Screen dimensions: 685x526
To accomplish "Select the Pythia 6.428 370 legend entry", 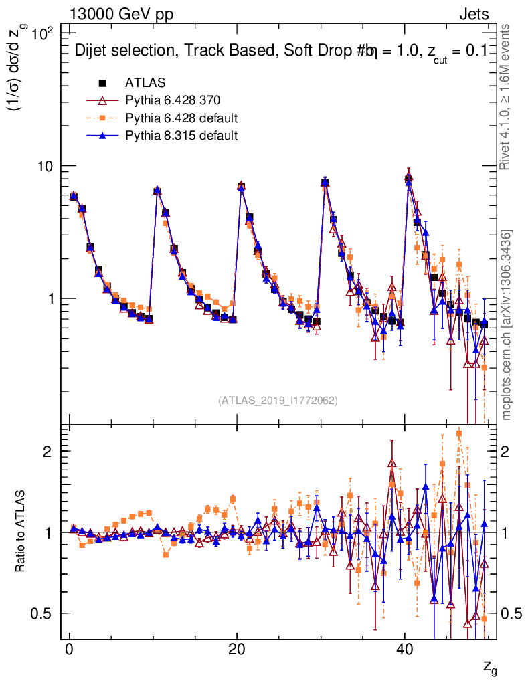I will pyautogui.click(x=173, y=101).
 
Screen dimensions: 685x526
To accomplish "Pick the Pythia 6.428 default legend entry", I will pyautogui.click(x=181, y=118).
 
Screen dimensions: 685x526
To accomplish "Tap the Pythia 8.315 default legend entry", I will pyautogui.click(x=181, y=136).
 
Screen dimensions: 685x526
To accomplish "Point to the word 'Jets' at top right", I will pyautogui.click(x=474, y=14).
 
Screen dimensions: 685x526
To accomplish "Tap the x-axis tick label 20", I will pyautogui.click(x=236, y=651).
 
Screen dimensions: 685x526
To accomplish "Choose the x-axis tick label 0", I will pyautogui.click(x=69, y=651).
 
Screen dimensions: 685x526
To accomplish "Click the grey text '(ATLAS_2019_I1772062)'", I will pyautogui.click(x=278, y=401).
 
